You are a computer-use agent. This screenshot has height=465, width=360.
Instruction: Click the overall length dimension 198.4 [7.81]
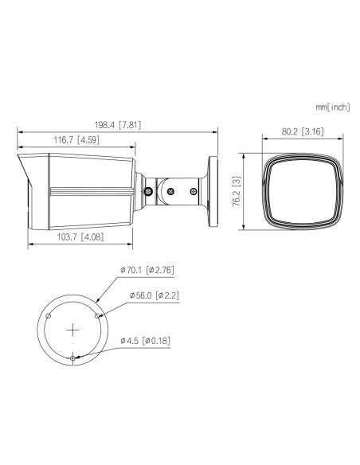[x=118, y=126]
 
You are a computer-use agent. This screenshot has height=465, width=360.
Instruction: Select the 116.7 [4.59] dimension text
[x=76, y=141]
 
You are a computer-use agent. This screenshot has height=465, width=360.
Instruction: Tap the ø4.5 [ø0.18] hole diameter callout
[x=146, y=341]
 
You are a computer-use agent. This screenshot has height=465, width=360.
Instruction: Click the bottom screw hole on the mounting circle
[x=72, y=358]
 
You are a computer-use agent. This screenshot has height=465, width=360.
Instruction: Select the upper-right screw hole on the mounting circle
[x=98, y=315]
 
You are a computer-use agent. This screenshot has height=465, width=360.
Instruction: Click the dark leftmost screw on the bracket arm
[x=150, y=190]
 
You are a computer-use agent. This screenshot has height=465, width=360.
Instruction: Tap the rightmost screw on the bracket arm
[x=194, y=190]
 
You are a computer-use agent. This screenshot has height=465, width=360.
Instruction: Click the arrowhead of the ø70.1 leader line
[x=100, y=299]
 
